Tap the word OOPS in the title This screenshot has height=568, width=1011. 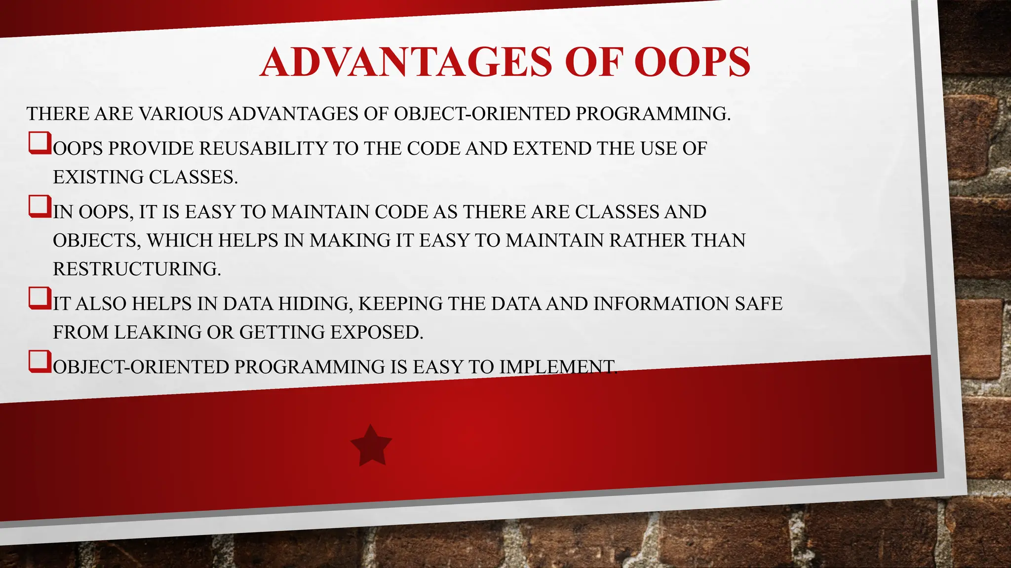click(692, 62)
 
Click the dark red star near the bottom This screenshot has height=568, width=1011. click(371, 446)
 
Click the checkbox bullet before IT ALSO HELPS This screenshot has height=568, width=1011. click(39, 298)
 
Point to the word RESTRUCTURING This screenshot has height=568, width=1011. click(136, 269)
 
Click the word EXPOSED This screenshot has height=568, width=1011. click(376, 332)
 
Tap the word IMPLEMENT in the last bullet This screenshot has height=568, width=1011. click(557, 367)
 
